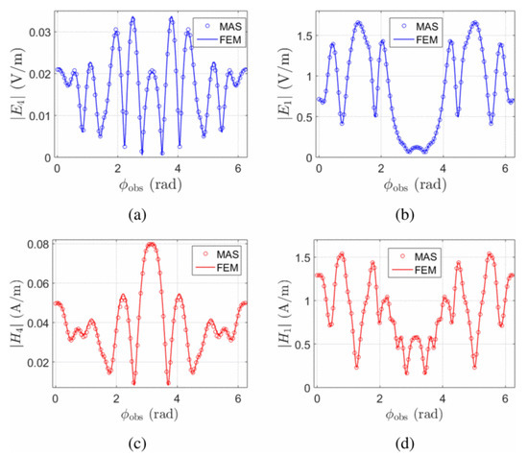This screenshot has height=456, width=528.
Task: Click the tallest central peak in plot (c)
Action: point(151,244)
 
